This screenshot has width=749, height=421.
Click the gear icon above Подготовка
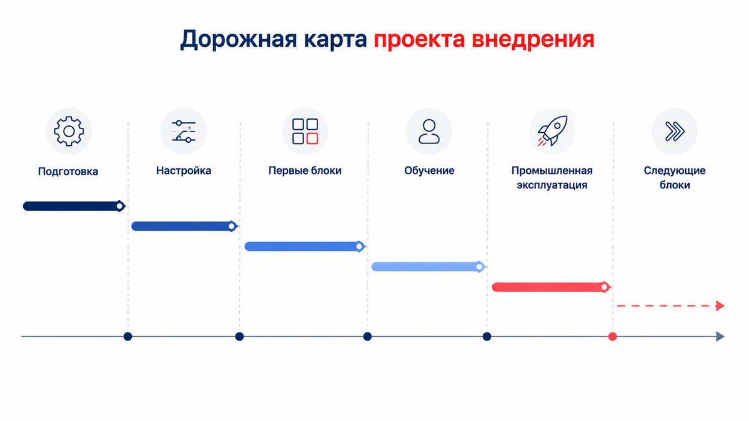69,131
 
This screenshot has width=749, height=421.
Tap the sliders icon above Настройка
184,131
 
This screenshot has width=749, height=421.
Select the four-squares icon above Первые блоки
305,131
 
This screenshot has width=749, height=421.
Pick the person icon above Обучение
429,131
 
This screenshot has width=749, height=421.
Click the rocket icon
552,130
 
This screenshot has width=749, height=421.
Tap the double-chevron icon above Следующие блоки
675,131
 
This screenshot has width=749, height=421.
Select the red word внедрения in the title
533,39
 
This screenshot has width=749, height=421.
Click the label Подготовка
68,172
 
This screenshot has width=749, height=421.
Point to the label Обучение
429,171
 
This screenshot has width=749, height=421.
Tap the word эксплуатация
552,185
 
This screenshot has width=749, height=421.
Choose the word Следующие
675,171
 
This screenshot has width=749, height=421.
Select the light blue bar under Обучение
429,266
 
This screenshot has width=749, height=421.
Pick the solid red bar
551,287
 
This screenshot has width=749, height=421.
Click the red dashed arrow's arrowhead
720,306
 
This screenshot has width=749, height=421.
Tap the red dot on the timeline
612,337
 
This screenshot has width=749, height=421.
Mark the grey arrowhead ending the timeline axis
720,337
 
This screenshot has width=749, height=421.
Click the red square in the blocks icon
312,138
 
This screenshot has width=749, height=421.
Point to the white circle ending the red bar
604,287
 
